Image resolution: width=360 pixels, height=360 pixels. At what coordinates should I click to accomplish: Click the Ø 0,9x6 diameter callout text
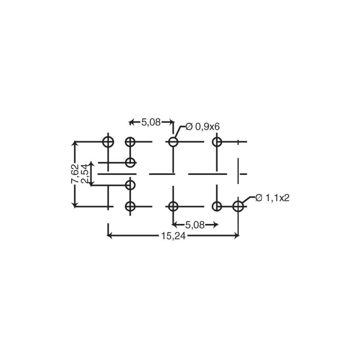pyautogui.click(x=202, y=126)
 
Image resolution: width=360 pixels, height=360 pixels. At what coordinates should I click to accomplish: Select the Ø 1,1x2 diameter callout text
pyautogui.click(x=273, y=198)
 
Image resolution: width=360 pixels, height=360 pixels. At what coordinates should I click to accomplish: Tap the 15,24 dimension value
pyautogui.click(x=174, y=236)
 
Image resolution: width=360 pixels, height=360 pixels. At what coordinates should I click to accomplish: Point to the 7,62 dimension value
pyautogui.click(x=75, y=174)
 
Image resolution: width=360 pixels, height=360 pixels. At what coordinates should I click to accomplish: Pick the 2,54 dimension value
pyautogui.click(x=85, y=174)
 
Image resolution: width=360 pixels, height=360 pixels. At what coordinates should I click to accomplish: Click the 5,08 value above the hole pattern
pyautogui.click(x=151, y=122)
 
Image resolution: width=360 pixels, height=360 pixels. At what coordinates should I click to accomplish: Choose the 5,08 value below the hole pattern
pyautogui.click(x=195, y=225)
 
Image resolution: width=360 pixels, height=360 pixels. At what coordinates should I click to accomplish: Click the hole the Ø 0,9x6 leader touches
pyautogui.click(x=173, y=142)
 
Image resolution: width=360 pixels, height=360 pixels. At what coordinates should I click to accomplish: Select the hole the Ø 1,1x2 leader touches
pyautogui.click(x=238, y=206)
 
